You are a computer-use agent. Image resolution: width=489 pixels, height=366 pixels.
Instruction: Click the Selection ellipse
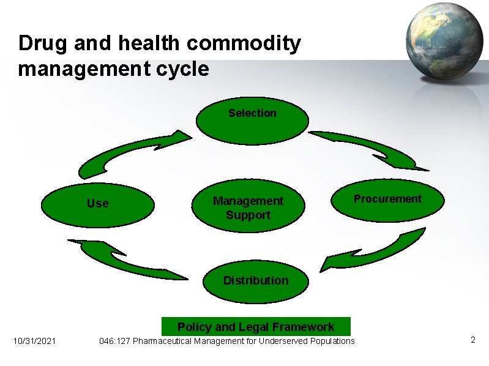click(252, 121)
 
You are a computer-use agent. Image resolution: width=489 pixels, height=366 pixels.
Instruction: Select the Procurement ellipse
click(387, 200)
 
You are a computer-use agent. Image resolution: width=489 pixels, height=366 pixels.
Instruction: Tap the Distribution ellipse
click(256, 281)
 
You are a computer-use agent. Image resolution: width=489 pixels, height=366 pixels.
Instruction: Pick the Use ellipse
click(98, 203)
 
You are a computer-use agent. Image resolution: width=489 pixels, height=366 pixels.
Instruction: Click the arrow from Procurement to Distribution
click(379, 251)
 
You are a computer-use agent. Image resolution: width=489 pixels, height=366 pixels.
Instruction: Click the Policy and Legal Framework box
click(256, 326)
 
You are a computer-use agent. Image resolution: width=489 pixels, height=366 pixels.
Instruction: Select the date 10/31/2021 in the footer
click(34, 341)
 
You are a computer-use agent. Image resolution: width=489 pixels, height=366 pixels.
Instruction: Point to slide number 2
click(472, 340)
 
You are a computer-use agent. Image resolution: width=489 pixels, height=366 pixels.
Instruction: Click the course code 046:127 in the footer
click(114, 341)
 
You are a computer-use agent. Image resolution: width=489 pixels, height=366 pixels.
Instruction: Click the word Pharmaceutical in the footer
click(162, 341)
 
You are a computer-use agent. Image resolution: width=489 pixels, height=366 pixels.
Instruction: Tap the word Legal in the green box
click(253, 327)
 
